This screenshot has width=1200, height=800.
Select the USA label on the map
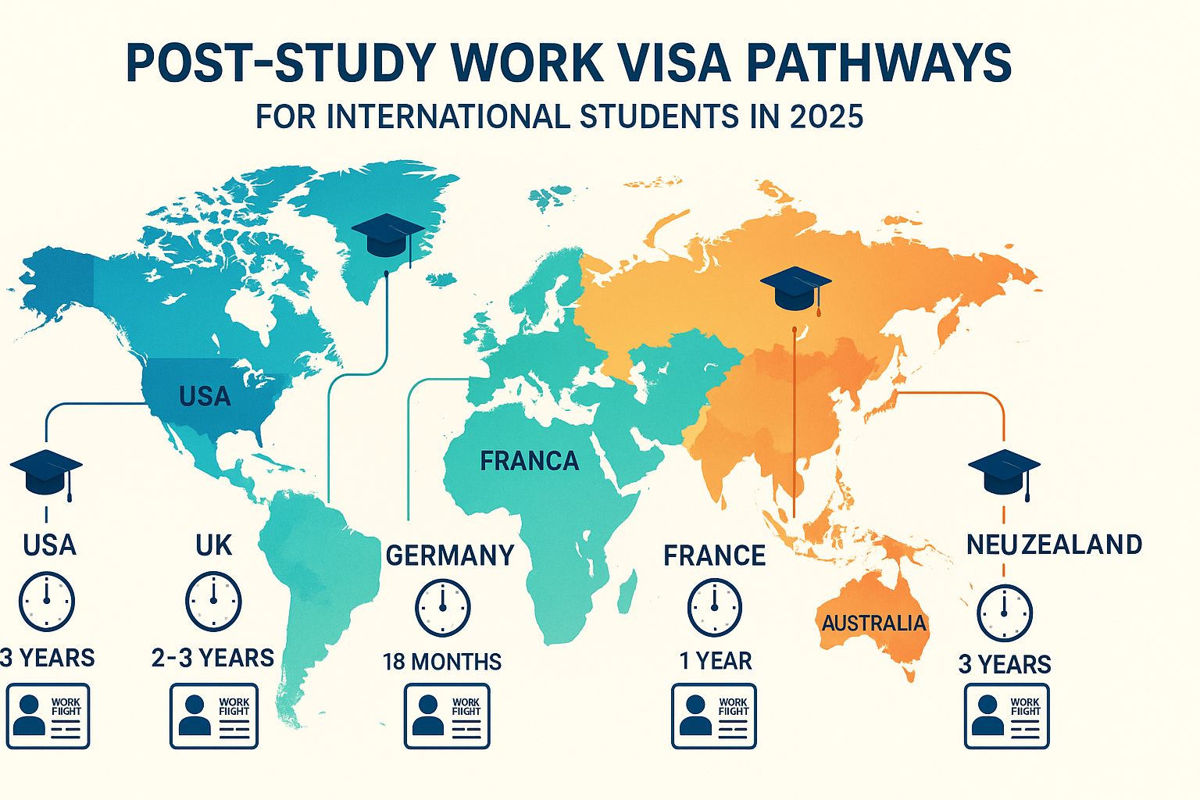(205, 397)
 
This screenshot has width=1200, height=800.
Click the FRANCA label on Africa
(529, 461)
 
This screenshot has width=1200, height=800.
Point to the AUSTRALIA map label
(873, 623)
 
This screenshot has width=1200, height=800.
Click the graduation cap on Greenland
(387, 235)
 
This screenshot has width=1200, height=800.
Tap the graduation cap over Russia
(795, 287)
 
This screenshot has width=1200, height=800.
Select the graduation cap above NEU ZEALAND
(1004, 472)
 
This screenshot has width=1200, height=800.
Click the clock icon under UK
(213, 602)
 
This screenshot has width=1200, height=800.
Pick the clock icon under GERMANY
(442, 608)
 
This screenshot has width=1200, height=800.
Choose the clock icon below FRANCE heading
(714, 608)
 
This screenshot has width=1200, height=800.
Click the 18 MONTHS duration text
(442, 662)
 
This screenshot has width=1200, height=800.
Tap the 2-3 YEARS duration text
(212, 658)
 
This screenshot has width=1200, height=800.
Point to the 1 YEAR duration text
(715, 661)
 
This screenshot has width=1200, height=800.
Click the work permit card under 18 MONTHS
(446, 716)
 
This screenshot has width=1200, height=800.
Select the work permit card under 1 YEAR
(714, 716)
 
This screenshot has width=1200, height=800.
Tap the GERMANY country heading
(450, 555)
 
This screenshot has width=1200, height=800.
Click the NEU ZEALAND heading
(1054, 545)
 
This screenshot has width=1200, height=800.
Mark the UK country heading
(213, 545)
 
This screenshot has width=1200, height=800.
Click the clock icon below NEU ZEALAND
(1005, 613)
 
